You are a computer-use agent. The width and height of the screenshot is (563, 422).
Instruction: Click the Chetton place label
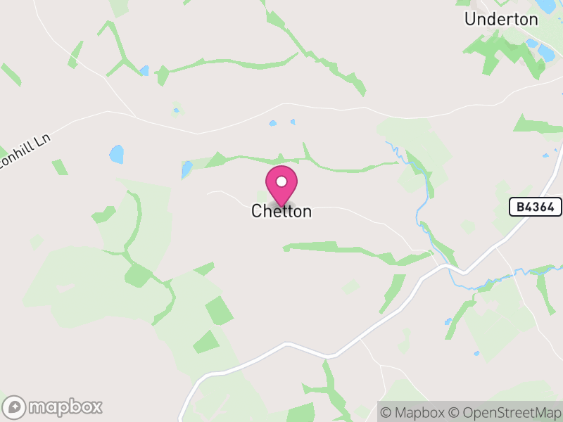pyautogui.click(x=281, y=211)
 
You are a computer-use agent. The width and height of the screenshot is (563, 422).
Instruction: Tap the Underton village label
pyautogui.click(x=500, y=19)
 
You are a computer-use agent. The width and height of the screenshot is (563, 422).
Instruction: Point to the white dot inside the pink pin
pyautogui.click(x=281, y=181)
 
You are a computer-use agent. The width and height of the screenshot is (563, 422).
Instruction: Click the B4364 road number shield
pyautogui.click(x=536, y=207)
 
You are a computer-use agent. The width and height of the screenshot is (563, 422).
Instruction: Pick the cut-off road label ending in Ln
pyautogui.click(x=25, y=152)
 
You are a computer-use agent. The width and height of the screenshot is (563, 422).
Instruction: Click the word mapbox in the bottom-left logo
pyautogui.click(x=65, y=407)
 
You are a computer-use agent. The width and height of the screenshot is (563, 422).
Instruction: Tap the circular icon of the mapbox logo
pyautogui.click(x=15, y=407)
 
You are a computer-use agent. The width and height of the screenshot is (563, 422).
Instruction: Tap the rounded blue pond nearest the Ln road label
pyautogui.click(x=116, y=154)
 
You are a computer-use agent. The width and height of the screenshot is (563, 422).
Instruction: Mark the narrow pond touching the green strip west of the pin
pyautogui.click(x=186, y=170)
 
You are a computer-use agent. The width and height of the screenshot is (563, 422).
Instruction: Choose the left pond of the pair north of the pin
pyautogui.click(x=272, y=124)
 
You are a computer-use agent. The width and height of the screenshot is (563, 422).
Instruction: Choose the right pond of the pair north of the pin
pyautogui.click(x=292, y=122)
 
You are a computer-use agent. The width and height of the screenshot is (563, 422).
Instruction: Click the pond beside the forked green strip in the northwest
pyautogui.click(x=144, y=70)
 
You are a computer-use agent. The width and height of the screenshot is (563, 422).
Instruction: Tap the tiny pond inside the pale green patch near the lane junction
pyautogui.click(x=177, y=110)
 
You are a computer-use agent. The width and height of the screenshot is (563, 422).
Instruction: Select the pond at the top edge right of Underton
pyautogui.click(x=545, y=6)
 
